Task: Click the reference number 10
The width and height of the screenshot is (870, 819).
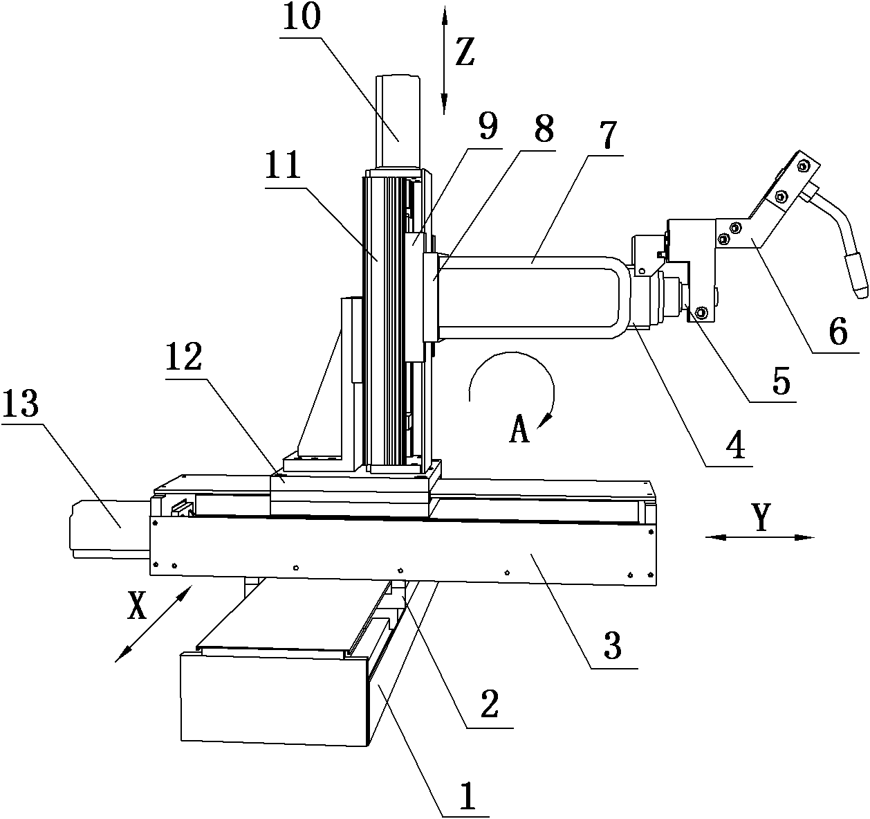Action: pos(302,17)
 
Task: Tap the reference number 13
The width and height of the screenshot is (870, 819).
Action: pos(21,404)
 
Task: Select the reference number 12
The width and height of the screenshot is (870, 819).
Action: pos(183,357)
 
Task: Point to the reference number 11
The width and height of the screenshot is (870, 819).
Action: pos(283,165)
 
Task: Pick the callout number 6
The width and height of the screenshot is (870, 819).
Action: pos(838,332)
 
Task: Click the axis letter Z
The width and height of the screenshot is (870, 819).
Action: pos(465,52)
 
